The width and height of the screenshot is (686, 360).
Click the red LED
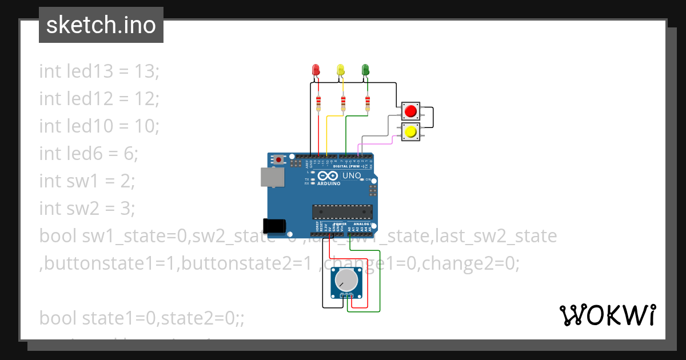316,70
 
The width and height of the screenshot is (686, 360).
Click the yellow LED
341,70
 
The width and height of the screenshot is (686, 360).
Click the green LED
366,70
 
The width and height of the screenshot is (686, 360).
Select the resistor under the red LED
318,103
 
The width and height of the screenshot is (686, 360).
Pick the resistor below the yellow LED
343,103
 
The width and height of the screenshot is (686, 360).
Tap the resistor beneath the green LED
368,103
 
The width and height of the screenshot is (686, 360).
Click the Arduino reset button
278,159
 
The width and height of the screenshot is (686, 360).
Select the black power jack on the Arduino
273,225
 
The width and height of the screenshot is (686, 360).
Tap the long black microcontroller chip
342,211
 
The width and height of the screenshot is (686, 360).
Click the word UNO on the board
351,175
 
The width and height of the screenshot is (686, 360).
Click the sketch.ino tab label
101,25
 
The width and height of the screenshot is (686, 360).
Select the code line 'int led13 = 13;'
99,71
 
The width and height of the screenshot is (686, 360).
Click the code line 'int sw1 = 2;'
87,181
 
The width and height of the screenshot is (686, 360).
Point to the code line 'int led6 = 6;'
89,154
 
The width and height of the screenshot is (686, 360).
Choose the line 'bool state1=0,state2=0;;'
142,318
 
